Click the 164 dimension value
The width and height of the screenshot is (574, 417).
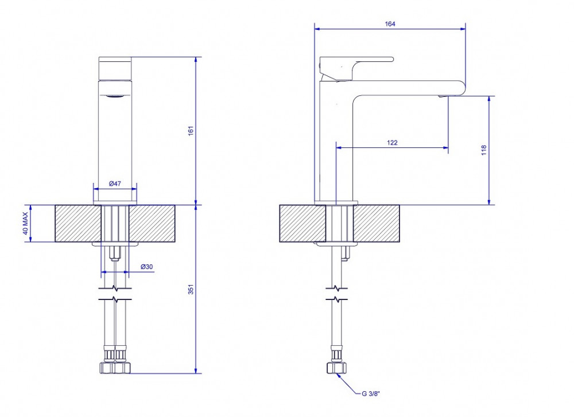click(390, 24)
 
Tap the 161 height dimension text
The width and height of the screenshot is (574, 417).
click(191, 131)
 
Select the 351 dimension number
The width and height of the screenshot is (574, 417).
click(191, 289)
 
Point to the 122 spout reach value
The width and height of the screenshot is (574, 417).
click(392, 143)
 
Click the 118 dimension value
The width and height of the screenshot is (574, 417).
click(484, 150)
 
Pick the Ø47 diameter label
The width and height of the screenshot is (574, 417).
click(115, 184)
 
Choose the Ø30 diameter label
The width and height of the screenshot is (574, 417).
click(146, 267)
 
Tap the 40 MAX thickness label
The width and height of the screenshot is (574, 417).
click(25, 223)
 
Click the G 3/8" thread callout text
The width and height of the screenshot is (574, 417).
click(371, 393)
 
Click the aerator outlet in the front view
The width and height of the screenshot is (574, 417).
click(115, 96)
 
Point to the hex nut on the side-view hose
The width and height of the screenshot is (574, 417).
click(336, 368)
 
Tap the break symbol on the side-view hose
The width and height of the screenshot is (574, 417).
click(336, 294)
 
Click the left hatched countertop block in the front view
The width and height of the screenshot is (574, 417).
click(78, 223)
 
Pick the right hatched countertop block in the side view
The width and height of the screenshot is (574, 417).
click(377, 223)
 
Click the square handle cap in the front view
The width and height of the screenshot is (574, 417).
click(115, 68)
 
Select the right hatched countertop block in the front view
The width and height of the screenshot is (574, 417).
click(152, 223)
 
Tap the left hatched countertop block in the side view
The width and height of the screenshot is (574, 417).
click(302, 223)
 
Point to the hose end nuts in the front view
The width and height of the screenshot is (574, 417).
click(115, 367)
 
